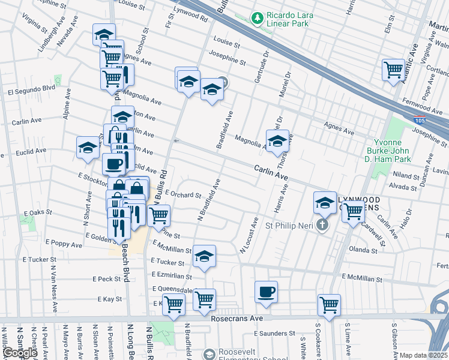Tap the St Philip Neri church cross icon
tap(322, 226)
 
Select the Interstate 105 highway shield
tap(420, 121)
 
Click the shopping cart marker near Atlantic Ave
tap(394, 70)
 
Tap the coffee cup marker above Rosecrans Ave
tap(266, 292)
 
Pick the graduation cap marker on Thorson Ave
tap(277, 142)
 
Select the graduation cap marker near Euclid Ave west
tap(88, 148)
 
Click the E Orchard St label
tap(182, 194)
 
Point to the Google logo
tap(20, 353)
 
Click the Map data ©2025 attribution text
tap(423, 355)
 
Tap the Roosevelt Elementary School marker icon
tap(209, 354)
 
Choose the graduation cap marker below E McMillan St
tap(204, 256)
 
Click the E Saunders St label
tap(275, 333)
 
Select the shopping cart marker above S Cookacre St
tap(330, 305)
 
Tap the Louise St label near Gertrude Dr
tap(226, 44)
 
